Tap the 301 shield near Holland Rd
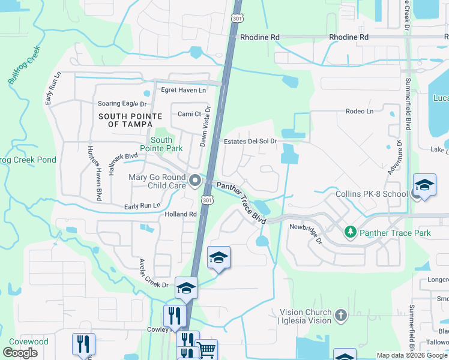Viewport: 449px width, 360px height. coord(207,199)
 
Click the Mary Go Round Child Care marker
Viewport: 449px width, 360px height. coord(195,181)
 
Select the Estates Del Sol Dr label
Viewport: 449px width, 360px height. coord(250,142)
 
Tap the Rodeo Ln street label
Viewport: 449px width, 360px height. coord(359,111)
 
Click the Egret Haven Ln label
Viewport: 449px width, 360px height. coord(183,90)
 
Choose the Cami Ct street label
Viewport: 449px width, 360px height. coord(189,114)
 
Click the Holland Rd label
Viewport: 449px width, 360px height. coord(181,214)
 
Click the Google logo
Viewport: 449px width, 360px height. coord(20,352)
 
